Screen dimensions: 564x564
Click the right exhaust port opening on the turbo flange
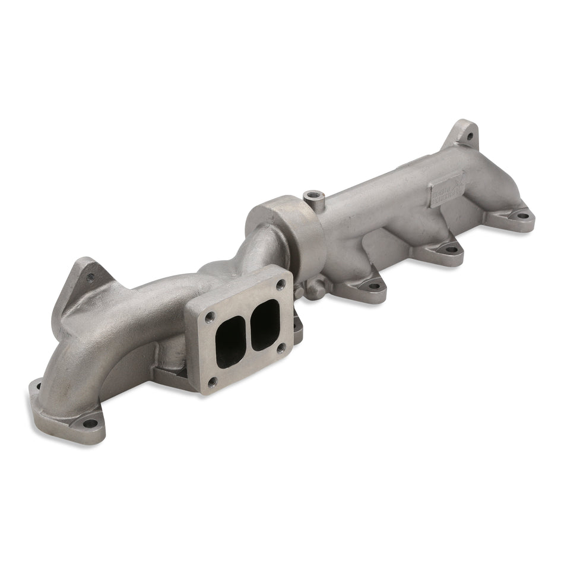pyautogui.click(x=265, y=324)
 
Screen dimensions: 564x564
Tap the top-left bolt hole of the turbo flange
pyautogui.click(x=208, y=317)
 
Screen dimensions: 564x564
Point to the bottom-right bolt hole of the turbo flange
pyautogui.click(x=281, y=347)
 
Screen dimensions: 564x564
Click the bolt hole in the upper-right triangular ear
pyautogui.click(x=469, y=136)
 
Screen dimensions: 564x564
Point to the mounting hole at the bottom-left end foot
pyautogui.click(x=90, y=423)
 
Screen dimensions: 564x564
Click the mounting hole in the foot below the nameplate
pyautogui.click(x=451, y=250)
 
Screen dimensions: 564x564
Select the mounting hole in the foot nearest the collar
pyautogui.click(x=373, y=286)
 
